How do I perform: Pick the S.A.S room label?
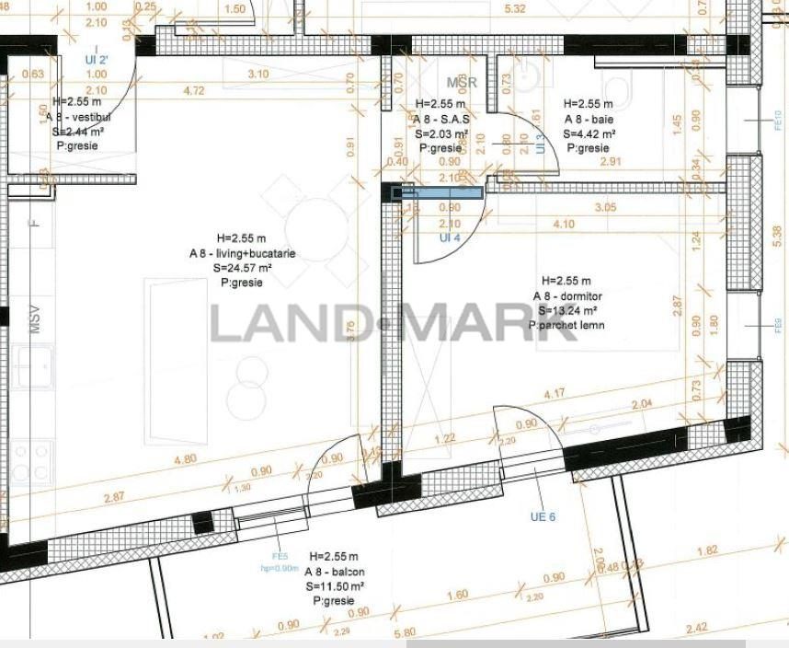[x=442, y=120]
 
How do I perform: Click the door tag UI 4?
[x=449, y=237]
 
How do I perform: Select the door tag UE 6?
[x=543, y=516]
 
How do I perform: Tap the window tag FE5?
[x=280, y=556]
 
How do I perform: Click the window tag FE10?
[x=777, y=119]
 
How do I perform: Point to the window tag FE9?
[x=777, y=324]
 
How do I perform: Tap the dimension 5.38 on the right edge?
[x=778, y=230]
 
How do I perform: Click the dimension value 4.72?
[x=194, y=91]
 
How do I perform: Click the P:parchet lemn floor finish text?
[x=566, y=325]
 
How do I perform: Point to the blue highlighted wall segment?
[x=437, y=193]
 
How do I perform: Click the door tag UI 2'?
[x=97, y=59]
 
